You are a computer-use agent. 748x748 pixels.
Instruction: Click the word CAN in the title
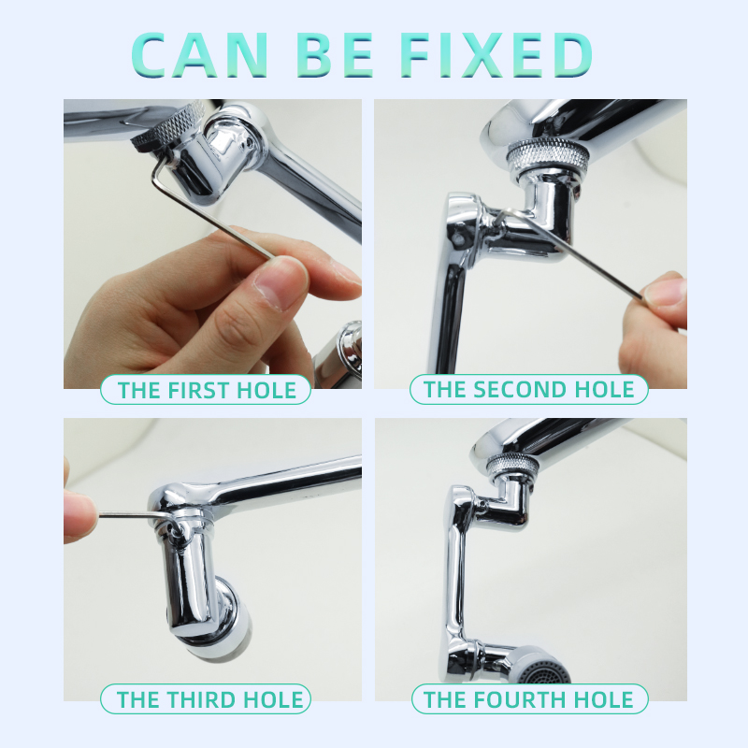pyautogui.click(x=199, y=55)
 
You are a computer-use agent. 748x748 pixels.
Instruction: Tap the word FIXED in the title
pyautogui.click(x=496, y=55)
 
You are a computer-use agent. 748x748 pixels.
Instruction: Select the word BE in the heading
pyautogui.click(x=335, y=55)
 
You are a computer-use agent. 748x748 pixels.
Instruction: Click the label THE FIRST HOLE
pyautogui.click(x=207, y=390)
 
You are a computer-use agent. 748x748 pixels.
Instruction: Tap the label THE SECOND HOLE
pyautogui.click(x=528, y=389)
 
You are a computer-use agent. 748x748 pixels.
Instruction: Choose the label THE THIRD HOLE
pyautogui.click(x=209, y=699)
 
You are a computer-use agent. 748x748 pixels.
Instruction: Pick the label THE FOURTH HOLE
pyautogui.click(x=528, y=699)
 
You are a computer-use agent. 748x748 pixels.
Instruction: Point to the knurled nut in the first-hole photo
pyautogui.click(x=168, y=126)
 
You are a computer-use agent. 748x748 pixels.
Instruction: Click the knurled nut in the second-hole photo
pyautogui.click(x=547, y=155)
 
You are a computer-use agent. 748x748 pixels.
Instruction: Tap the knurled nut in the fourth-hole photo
pyautogui.click(x=512, y=464)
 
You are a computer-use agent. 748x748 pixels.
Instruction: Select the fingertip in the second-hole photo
pyautogui.click(x=664, y=292)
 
